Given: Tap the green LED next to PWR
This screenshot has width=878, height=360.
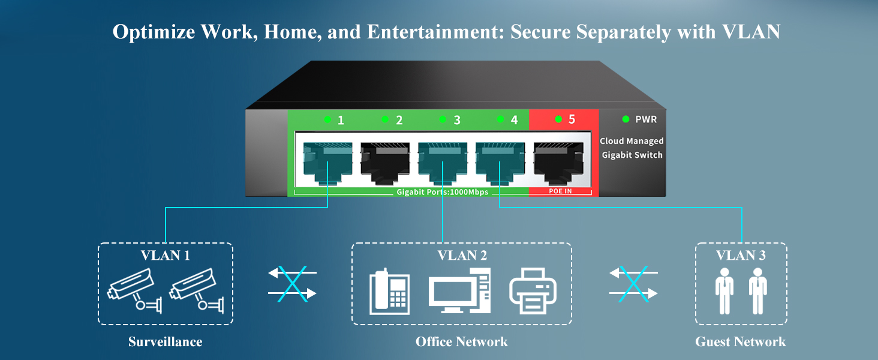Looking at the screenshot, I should point(626,119).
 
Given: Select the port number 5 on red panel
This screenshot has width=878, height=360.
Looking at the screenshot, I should point(572,119).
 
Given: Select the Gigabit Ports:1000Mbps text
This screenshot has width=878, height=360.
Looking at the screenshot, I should point(443,192).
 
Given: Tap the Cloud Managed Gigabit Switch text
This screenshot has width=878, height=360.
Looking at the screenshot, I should point(632,148).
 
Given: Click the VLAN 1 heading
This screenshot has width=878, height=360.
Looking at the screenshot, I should point(166,255).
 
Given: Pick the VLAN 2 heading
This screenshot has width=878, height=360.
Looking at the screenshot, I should point(462,255).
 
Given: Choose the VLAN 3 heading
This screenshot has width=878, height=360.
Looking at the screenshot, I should point(741,255).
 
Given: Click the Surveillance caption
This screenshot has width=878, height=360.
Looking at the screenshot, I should point(165,342).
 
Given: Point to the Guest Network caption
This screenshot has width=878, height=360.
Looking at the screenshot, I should point(740,342).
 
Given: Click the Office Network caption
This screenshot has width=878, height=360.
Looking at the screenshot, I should point(461,342).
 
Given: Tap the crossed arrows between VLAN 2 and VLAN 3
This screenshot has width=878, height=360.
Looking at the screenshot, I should point(633,283).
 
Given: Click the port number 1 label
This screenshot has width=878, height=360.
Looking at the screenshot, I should point(341,120).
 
